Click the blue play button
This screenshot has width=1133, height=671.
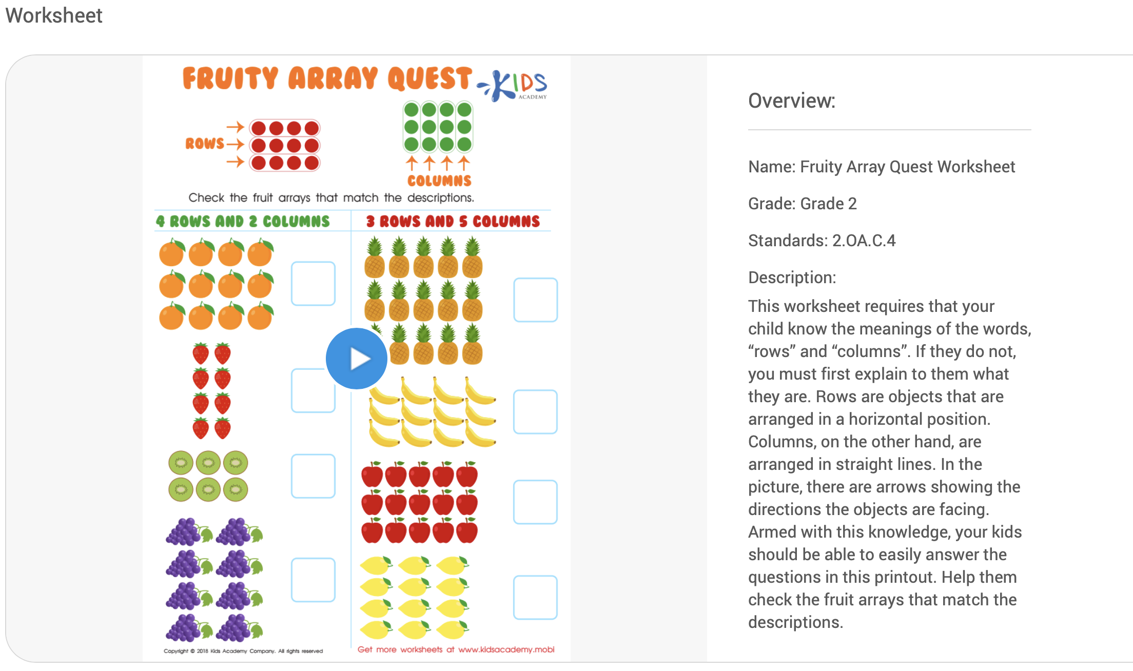[357, 359]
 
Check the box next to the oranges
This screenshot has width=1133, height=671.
[313, 284]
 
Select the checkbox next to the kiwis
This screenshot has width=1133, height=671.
[313, 476]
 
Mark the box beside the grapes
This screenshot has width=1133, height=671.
[313, 580]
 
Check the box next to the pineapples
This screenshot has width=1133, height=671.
[535, 300]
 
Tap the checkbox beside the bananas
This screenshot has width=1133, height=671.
[535, 412]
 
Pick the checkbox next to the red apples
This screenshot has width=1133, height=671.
[535, 502]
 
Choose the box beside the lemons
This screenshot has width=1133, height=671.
[535, 598]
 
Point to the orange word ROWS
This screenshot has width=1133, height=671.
[205, 144]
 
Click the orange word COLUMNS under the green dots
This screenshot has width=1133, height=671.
[439, 181]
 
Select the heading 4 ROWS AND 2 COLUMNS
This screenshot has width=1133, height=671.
[243, 222]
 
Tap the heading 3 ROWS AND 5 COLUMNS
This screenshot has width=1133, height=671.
[453, 222]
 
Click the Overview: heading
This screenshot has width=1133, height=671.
[791, 101]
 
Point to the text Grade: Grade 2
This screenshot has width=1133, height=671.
[802, 204]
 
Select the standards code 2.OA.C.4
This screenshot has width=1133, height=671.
[864, 241]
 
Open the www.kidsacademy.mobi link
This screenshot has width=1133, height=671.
[506, 649]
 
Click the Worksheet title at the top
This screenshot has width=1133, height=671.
[54, 15]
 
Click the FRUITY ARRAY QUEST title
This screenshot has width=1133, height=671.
[327, 78]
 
